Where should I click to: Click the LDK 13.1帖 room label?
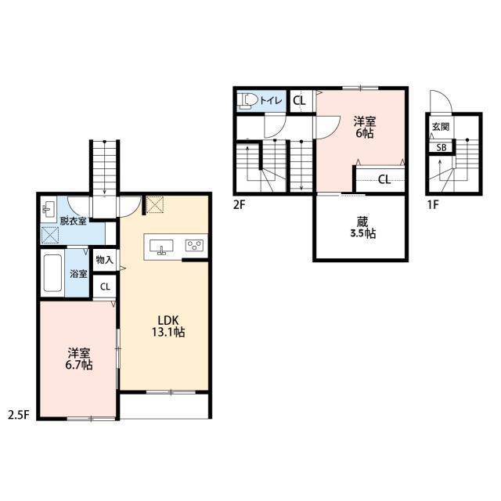168,326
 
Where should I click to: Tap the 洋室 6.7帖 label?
79,359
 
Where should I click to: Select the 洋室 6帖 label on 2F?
365,127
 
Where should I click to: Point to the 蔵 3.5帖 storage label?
362,228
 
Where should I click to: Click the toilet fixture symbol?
247,100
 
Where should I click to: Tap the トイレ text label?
272,101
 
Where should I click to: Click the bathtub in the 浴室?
52,273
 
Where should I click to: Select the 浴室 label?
78,274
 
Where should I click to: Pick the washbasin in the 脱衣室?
49,210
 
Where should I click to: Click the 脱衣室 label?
73,221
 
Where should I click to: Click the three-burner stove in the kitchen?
195,245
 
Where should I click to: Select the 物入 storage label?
105,260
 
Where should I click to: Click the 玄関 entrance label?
441,127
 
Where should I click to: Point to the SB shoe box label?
442,148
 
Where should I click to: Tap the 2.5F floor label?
19,415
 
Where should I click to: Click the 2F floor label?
239,204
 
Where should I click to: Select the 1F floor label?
433,204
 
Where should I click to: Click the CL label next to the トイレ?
299,101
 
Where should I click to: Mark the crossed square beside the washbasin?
50,235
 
